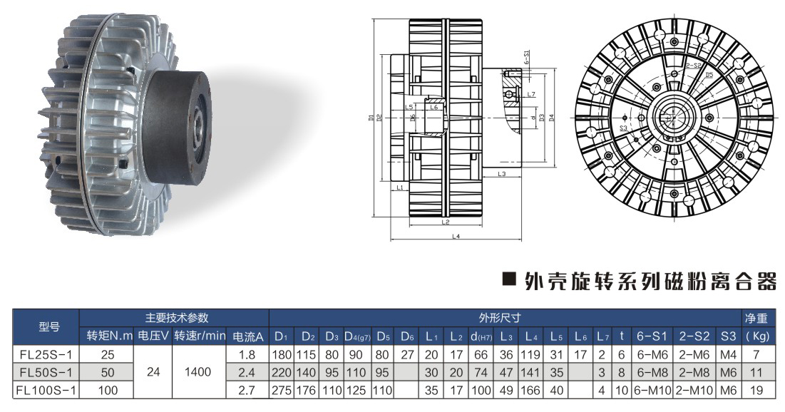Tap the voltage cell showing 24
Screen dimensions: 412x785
tap(153, 371)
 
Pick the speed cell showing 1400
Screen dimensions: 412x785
tap(199, 371)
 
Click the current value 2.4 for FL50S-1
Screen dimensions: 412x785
tap(247, 371)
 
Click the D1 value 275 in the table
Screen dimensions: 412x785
tap(281, 390)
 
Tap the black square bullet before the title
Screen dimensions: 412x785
tap(509, 280)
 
